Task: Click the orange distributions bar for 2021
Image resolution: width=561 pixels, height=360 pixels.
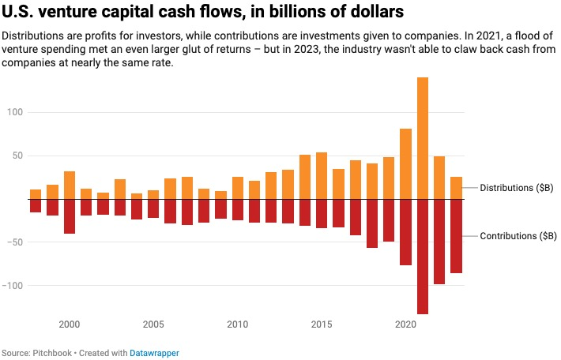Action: coord(423,138)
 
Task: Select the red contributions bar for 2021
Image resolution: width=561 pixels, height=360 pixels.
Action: coord(423,257)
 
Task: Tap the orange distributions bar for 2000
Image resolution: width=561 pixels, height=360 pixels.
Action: coord(70,185)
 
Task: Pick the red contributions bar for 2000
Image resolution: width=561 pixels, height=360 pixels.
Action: coord(70,216)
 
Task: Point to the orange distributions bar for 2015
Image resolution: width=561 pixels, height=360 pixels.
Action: coord(322,175)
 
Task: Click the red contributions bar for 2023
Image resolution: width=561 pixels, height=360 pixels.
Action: coord(457,236)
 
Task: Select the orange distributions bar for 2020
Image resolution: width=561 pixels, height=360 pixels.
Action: coord(406,163)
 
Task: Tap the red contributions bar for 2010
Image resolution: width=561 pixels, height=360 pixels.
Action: coord(238,209)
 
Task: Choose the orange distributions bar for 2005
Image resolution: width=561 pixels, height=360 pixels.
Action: coord(153,194)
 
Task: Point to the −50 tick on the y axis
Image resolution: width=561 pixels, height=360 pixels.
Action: coord(17,242)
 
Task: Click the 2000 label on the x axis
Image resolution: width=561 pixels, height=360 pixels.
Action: coord(70,324)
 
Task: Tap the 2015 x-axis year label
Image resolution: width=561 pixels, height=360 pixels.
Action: coord(322,324)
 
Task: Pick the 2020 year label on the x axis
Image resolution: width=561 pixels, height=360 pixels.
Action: coord(406,324)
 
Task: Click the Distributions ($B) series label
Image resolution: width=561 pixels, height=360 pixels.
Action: coord(517,188)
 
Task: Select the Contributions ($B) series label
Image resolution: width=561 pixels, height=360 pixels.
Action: coord(518,236)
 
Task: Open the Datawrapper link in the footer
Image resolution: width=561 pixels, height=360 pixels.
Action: coord(155,353)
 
